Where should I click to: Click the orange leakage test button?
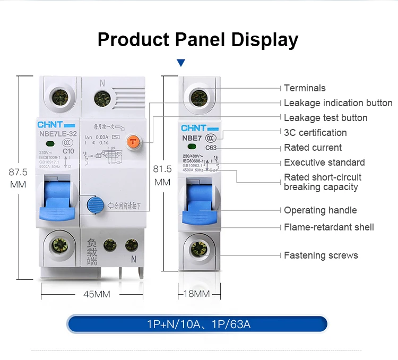click(x=134, y=142)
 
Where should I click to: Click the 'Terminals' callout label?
click(x=305, y=88)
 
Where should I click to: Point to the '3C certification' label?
click(x=315, y=133)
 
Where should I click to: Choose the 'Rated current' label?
click(x=313, y=148)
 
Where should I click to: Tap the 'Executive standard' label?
click(x=324, y=162)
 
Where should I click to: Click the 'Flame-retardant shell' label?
click(x=328, y=227)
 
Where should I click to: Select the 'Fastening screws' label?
click(x=321, y=255)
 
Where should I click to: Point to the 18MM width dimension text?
click(x=196, y=294)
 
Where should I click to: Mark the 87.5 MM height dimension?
click(x=19, y=178)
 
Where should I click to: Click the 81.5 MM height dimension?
click(x=162, y=175)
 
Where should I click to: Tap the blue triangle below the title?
click(x=181, y=63)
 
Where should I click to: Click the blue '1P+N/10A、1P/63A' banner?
click(x=197, y=323)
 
